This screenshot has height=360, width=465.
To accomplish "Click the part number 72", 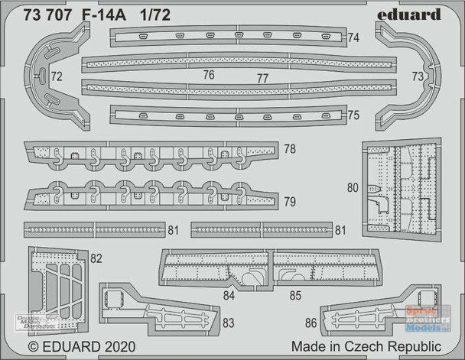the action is click(x=57, y=76).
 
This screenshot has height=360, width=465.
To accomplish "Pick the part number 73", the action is click(x=417, y=76).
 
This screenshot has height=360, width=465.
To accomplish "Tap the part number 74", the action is click(x=353, y=37).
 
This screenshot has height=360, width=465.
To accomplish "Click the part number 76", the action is click(x=209, y=75).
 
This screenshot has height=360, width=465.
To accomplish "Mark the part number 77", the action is click(x=262, y=78).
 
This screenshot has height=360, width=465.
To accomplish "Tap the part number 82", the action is click(x=96, y=258).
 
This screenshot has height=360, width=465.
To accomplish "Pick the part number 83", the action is click(x=227, y=323).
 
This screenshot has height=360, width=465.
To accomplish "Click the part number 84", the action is click(x=229, y=295).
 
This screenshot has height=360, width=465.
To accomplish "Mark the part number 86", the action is click(x=309, y=323).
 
